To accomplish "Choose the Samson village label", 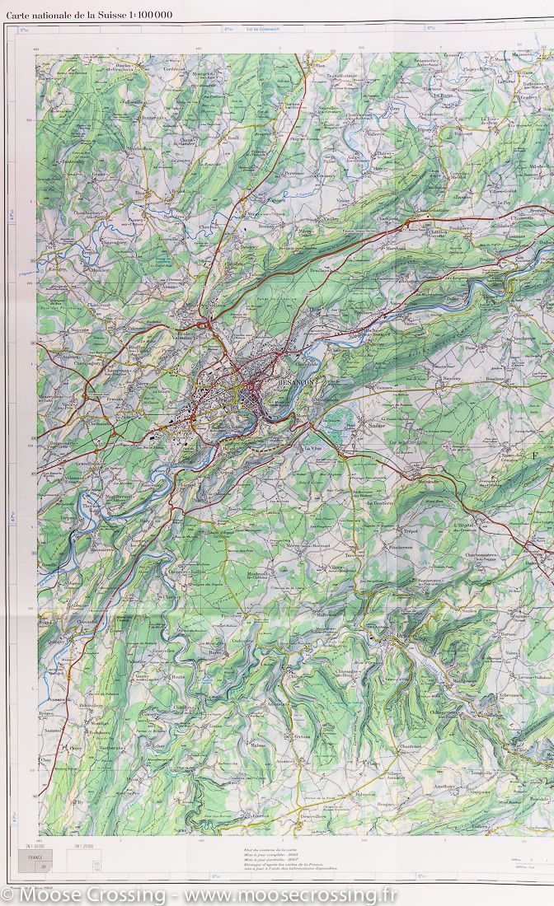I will (54, 730).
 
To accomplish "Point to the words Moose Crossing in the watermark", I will (77, 893).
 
